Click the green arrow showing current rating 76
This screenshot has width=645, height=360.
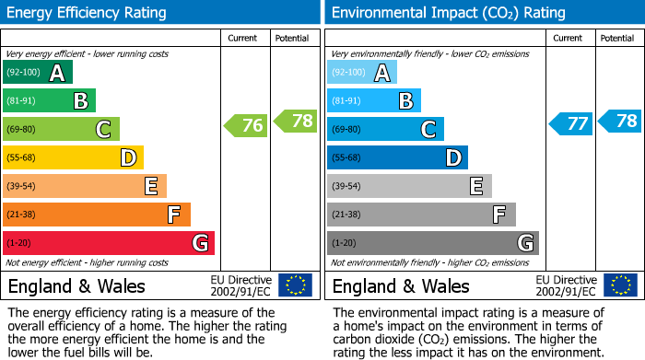[246, 125]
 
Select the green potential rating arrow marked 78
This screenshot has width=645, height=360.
[294, 120]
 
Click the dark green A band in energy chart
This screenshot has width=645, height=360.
[38, 73]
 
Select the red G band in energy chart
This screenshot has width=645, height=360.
[109, 243]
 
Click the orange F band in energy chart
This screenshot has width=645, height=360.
[97, 215]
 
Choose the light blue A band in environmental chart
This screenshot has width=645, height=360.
[362, 73]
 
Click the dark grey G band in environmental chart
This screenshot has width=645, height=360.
[433, 243]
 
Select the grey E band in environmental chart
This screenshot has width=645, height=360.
[409, 186]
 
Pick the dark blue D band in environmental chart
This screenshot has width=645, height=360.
[397, 157]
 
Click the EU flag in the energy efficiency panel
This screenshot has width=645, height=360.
[296, 285]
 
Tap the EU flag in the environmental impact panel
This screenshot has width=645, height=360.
[621, 285]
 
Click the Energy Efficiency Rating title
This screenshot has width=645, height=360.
[87, 13]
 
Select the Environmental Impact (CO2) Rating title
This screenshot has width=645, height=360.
[448, 13]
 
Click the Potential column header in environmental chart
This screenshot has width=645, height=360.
[617, 38]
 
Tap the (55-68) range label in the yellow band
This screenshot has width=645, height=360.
[24, 157]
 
